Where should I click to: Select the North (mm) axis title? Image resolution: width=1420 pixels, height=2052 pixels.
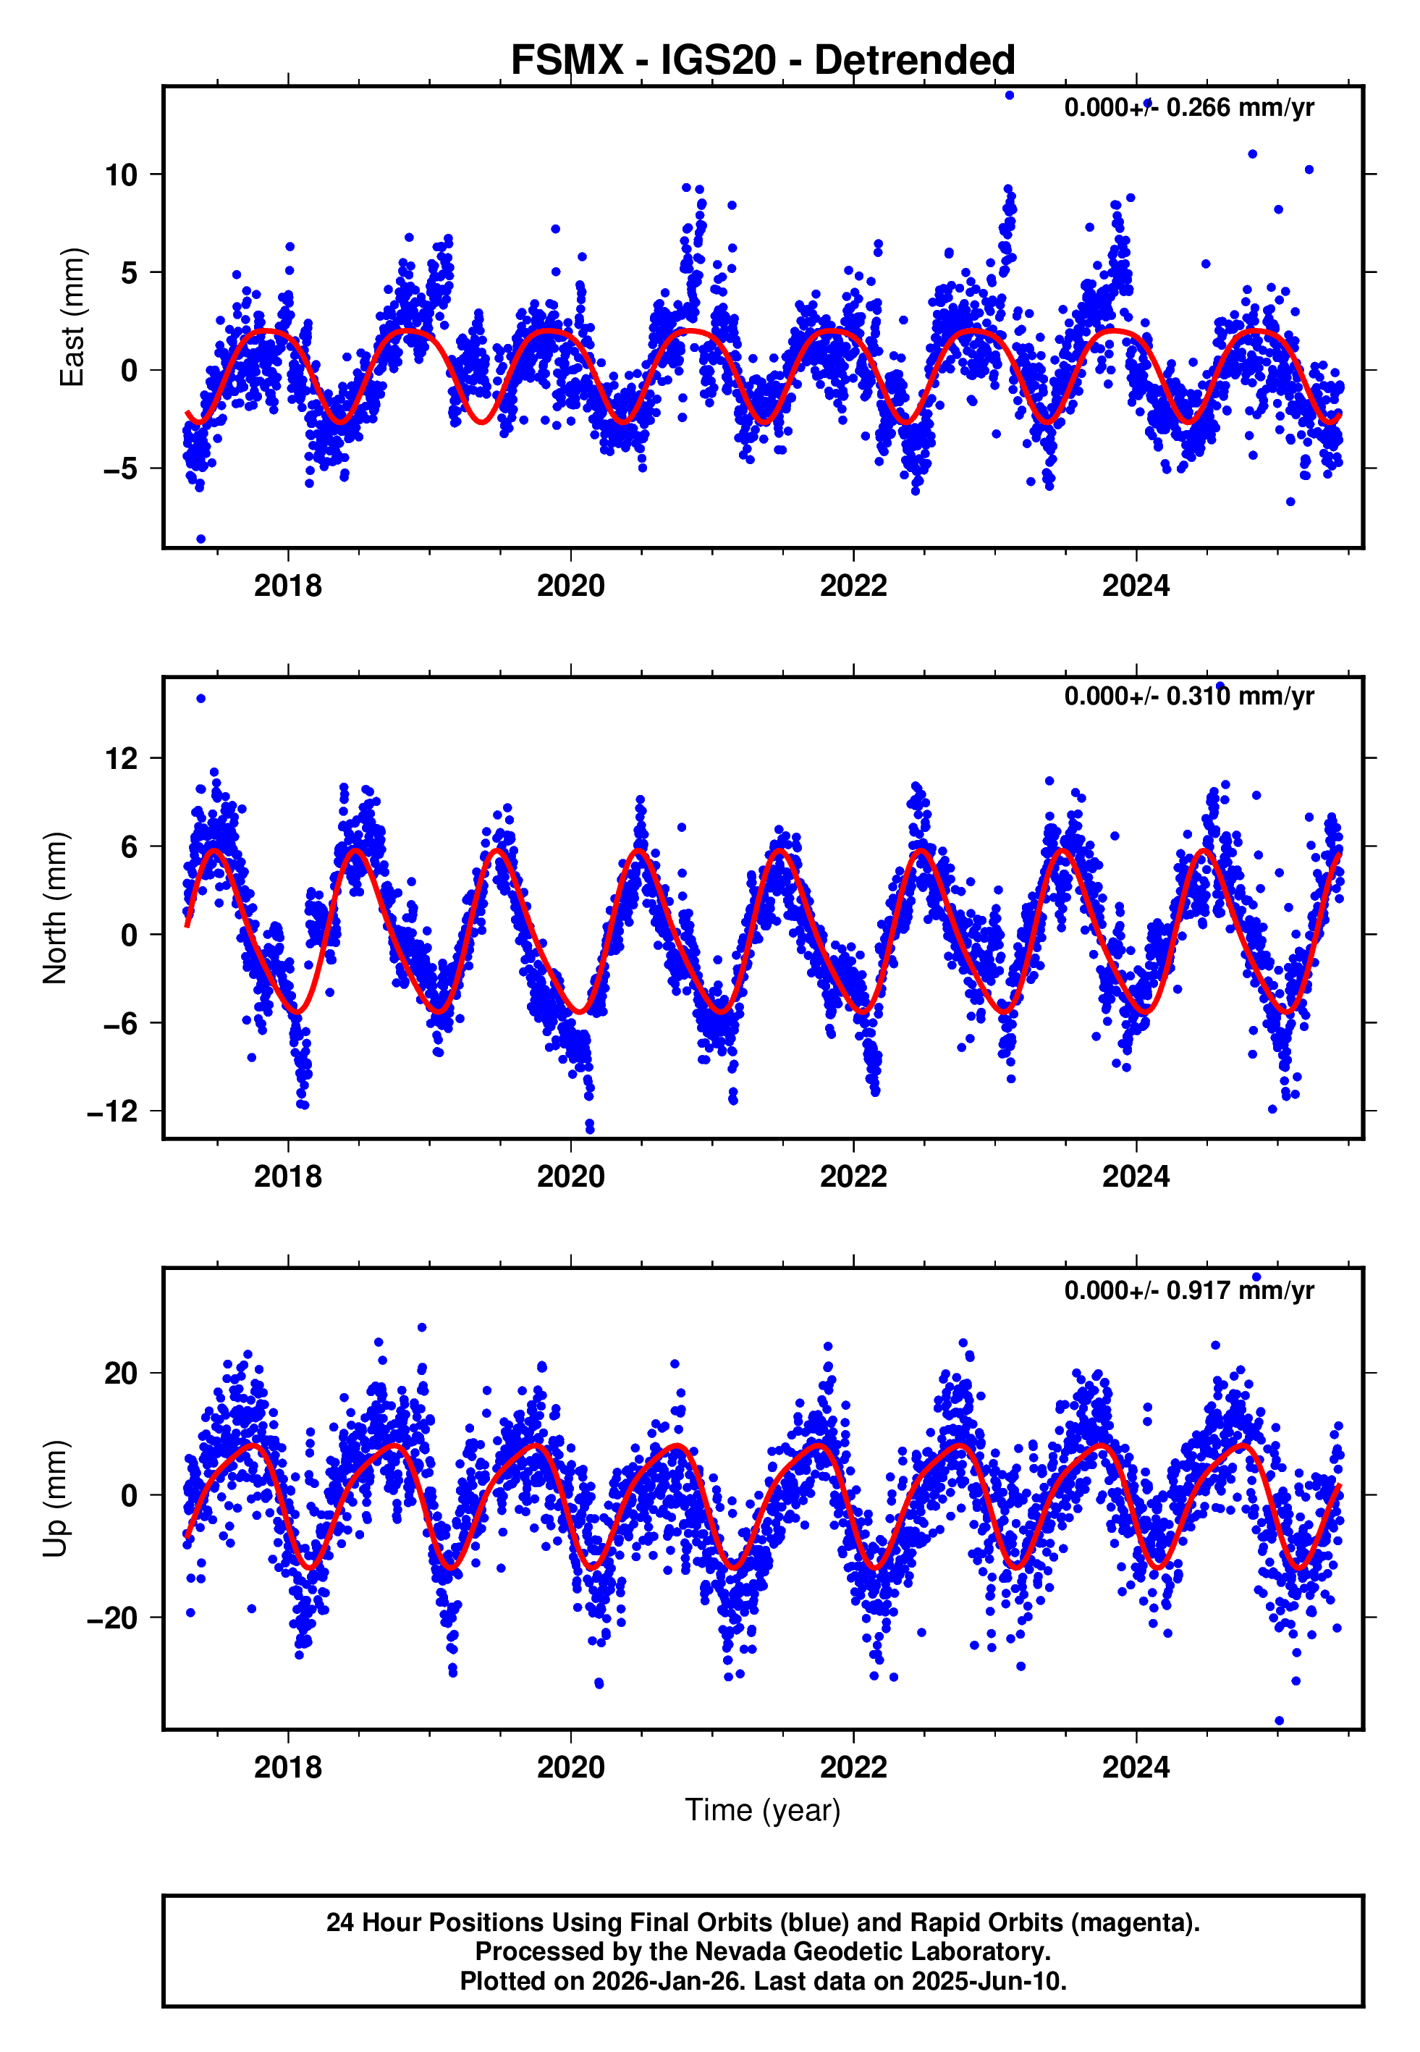click(x=55, y=908)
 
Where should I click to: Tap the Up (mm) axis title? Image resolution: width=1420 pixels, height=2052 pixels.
click(x=55, y=1499)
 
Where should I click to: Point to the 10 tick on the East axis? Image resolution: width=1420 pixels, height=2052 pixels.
click(x=122, y=175)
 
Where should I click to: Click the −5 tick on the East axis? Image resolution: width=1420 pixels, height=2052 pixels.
click(x=120, y=469)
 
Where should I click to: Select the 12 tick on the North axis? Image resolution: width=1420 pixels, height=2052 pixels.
click(x=122, y=759)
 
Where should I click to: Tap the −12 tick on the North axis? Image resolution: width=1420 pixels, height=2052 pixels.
click(x=113, y=1111)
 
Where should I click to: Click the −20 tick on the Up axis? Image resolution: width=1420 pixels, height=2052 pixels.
click(x=113, y=1618)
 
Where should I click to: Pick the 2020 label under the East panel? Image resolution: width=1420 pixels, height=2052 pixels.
click(x=570, y=586)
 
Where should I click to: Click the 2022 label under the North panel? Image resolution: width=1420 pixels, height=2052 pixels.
click(x=853, y=1177)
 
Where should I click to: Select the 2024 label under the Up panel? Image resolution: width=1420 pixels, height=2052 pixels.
click(x=1136, y=1767)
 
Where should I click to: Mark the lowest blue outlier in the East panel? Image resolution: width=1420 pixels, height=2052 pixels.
click(x=201, y=539)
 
